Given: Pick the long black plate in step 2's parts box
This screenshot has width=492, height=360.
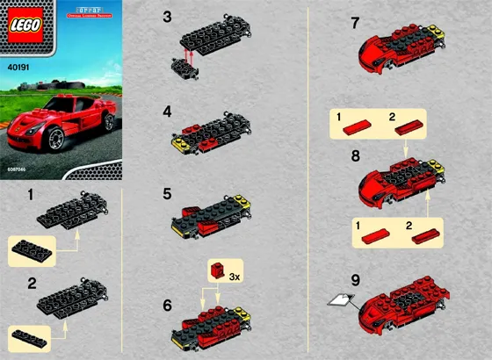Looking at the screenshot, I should click(x=34, y=335).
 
